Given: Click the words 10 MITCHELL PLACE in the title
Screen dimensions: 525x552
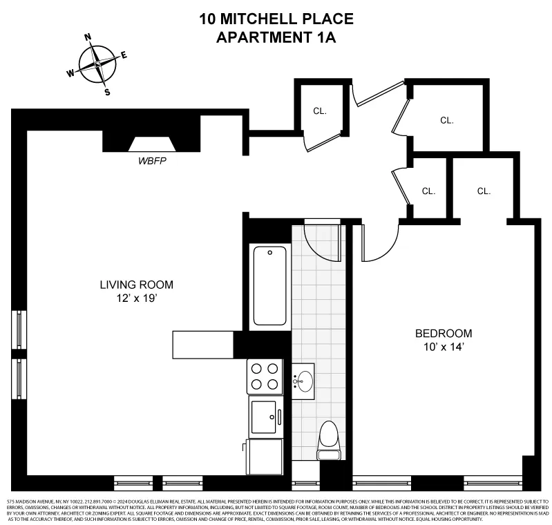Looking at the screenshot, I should coord(276,19).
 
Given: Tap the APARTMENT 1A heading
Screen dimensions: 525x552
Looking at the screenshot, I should coord(276,37).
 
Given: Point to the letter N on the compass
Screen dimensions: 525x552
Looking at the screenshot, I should coord(88,38).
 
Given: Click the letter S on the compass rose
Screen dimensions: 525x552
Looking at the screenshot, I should coord(107,92).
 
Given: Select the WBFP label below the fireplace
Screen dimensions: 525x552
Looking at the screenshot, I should coord(153,161).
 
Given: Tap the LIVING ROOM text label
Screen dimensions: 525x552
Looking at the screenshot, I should coord(136,285).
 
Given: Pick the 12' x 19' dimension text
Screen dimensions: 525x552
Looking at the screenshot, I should coord(136,298).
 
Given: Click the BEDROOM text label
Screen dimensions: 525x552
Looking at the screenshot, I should coord(444,333).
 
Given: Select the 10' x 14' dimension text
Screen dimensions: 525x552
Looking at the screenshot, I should coord(444,347).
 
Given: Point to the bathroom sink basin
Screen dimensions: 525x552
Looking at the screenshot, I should coord(305,379).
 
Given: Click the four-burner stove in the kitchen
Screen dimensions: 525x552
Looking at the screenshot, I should coord(265,376).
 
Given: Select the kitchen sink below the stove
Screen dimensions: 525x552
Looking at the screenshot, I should coord(263,417).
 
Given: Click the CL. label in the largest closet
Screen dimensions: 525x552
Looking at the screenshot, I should coord(447,120).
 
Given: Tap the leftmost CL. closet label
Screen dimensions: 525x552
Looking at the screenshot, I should coord(319,111).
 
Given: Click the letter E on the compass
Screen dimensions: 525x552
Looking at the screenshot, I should coord(124,55).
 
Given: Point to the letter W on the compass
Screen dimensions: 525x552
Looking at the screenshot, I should coord(70,73).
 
